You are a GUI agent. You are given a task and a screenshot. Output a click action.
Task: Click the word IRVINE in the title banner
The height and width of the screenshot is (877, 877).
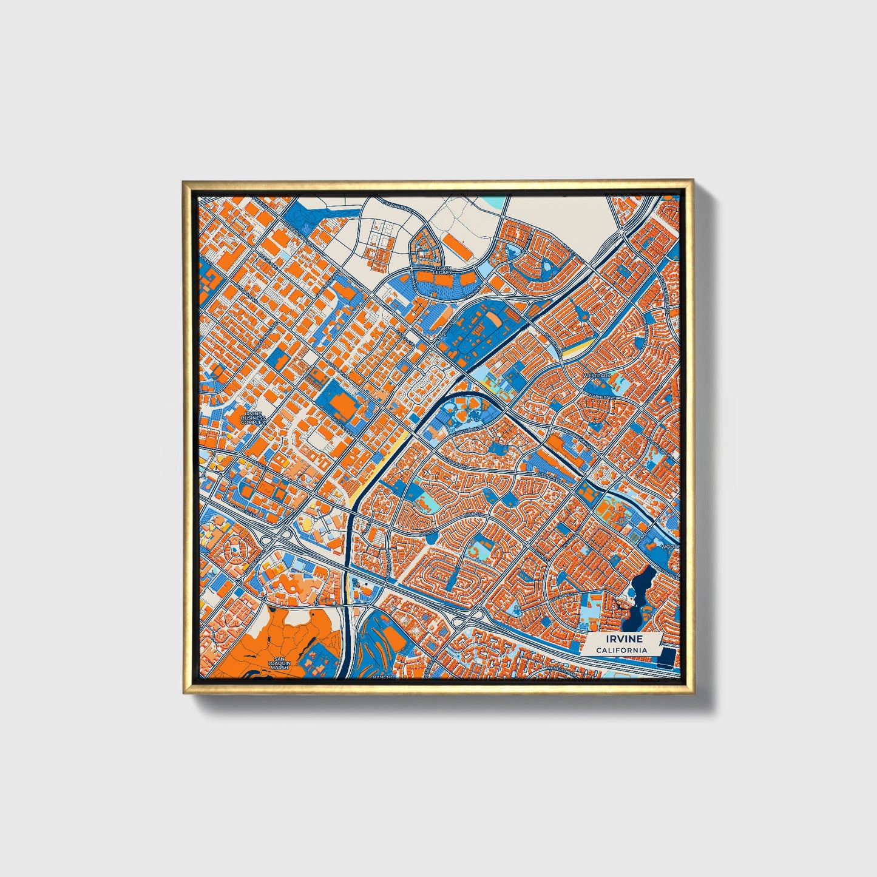click(620, 639)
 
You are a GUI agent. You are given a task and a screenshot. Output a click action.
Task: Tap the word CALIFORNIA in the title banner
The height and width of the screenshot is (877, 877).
click(620, 650)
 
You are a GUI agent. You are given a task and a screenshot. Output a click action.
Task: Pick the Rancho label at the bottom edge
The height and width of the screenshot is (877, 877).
click(384, 676)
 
